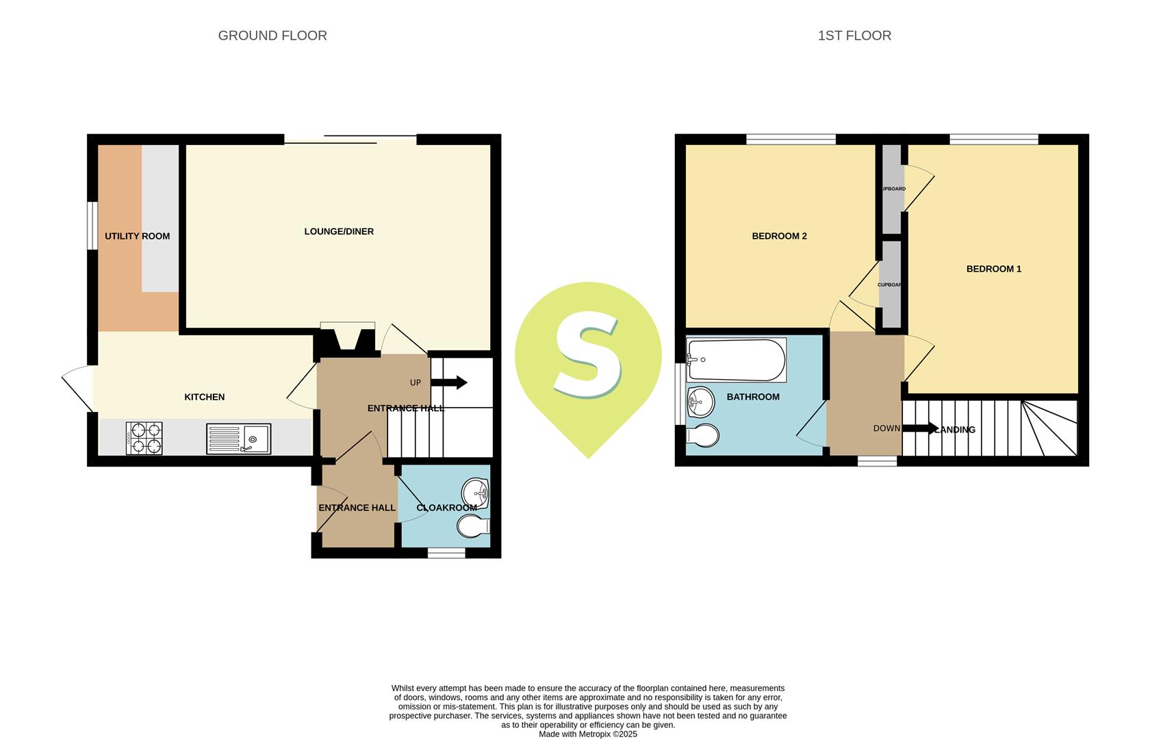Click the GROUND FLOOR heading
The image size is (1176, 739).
pos(272,36)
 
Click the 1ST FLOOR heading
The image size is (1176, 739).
pos(854,36)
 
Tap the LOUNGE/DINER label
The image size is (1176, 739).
pos(339,231)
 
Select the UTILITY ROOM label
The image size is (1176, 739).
pos(137,236)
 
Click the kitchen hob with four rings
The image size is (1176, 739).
pos(144,438)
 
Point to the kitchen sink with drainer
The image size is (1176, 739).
pos(238,439)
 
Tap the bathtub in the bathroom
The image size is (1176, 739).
pos(736,360)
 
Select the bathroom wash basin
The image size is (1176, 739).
pos(700,402)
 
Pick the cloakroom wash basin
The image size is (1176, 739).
pos(475,493)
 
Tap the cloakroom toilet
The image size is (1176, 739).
pos(472,526)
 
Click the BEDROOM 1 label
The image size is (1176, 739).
pos(993,269)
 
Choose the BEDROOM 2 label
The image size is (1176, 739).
pos(779,236)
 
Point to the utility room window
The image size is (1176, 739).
pos(91,225)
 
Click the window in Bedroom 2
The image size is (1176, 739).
pos(791,140)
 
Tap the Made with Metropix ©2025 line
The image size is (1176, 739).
pos(588,734)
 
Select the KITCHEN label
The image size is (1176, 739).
pos(204,397)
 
